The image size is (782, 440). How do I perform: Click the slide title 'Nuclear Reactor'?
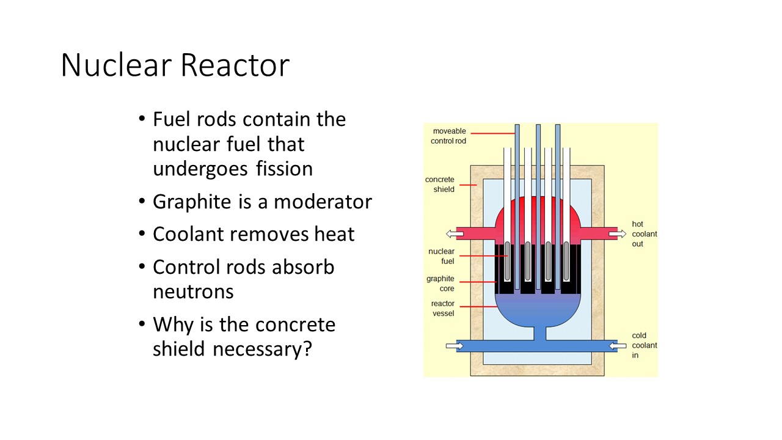click(x=175, y=65)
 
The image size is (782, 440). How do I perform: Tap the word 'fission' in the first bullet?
click(x=283, y=168)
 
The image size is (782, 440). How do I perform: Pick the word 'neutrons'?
click(x=193, y=291)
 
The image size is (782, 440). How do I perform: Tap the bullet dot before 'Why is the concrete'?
click(x=142, y=324)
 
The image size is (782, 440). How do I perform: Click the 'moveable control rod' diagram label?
click(x=449, y=136)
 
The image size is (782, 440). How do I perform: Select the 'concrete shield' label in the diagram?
click(x=440, y=185)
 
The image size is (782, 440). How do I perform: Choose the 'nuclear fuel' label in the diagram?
click(x=441, y=256)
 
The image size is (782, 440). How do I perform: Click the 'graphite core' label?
click(x=440, y=284)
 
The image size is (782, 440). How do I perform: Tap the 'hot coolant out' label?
click(x=645, y=234)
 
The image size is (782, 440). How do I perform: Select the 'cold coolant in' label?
click(x=645, y=345)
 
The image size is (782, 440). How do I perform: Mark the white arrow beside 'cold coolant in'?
click(x=618, y=346)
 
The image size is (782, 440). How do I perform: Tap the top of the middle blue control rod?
click(x=538, y=128)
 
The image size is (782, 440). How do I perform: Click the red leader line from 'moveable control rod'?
click(x=492, y=133)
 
